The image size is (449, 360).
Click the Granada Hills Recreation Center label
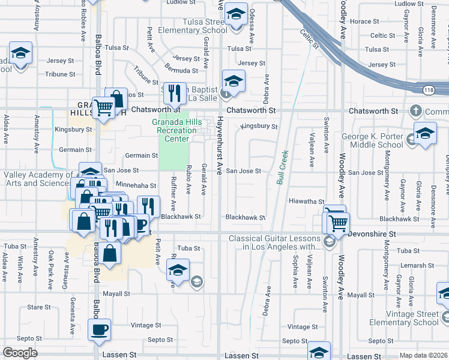(x=173, y=130)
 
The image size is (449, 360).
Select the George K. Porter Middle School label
(x=372, y=140)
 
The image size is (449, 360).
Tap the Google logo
(x=20, y=353)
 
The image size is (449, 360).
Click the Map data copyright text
(x=423, y=355)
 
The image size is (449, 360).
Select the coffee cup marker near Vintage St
(x=99, y=329)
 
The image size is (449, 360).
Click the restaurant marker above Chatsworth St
(x=174, y=93)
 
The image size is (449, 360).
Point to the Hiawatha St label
(x=306, y=202)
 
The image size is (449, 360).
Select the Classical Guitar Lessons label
(x=275, y=242)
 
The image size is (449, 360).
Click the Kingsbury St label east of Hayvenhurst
(x=259, y=127)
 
